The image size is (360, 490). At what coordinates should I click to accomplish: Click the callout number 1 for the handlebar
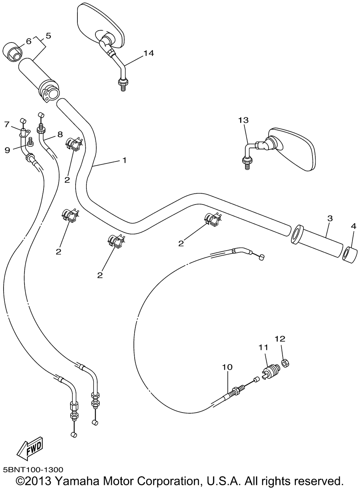point(124,161)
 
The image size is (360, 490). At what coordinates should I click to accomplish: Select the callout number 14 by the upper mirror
point(149,53)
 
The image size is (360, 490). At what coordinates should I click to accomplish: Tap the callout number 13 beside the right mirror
point(243,120)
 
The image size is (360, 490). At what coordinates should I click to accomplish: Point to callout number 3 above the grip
point(330,218)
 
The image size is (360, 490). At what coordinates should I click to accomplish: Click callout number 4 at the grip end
point(354,226)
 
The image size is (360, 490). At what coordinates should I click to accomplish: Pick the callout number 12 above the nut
point(280,339)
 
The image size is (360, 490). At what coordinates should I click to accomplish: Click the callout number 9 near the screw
point(8,150)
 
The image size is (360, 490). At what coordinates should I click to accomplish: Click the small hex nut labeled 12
point(285,364)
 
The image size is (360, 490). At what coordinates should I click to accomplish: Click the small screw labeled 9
point(30,141)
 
